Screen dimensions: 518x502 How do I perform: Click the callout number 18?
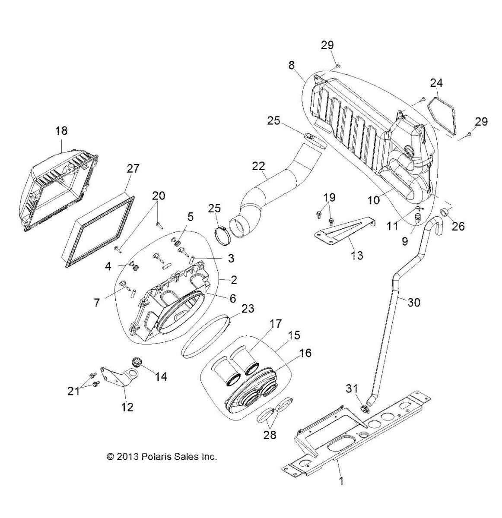(x=62, y=131)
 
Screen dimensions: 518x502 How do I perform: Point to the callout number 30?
(x=414, y=303)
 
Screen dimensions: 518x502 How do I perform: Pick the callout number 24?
(x=436, y=82)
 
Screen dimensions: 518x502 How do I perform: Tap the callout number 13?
(x=357, y=255)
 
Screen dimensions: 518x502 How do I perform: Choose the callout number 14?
(x=161, y=376)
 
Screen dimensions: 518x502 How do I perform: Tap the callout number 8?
(x=292, y=66)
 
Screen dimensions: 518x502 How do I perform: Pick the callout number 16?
(x=305, y=354)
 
